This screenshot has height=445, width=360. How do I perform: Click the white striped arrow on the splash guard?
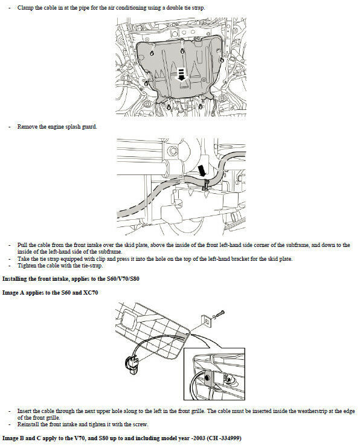pyautogui.click(x=181, y=74)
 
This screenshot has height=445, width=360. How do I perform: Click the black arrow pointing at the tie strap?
pyautogui.click(x=202, y=171)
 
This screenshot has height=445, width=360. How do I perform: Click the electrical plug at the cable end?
pyautogui.click(x=132, y=365)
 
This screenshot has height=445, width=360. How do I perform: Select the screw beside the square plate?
pyautogui.click(x=219, y=315)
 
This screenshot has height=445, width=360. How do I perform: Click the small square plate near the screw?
pyautogui.click(x=207, y=321)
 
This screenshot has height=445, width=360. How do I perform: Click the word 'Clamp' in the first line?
pyautogui.click(x=25, y=8)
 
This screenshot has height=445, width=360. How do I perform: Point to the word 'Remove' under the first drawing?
pyautogui.click(x=27, y=127)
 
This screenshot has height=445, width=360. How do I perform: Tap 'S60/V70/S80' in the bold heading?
pyautogui.click(x=123, y=279)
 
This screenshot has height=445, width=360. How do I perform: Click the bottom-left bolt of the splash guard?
pyautogui.click(x=169, y=107)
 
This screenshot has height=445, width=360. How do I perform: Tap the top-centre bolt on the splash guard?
pyautogui.click(x=182, y=51)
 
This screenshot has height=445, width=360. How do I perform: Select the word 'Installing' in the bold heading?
pyautogui.click(x=14, y=279)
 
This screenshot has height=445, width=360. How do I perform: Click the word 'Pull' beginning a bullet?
pyautogui.click(x=22, y=245)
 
